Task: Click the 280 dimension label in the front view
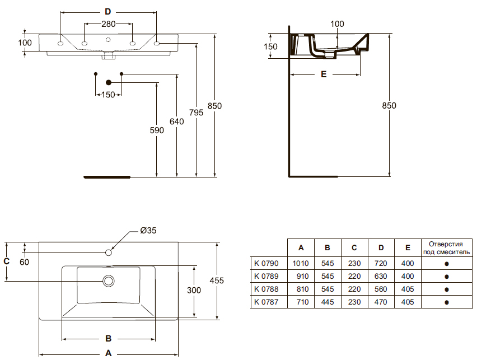pos(108,24)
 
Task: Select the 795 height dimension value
pos(196,113)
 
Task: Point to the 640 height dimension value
pos(177,121)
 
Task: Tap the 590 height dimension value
pos(157,130)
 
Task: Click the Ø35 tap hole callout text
pos(148,230)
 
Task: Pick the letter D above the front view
pos(108,12)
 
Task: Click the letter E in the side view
pos(324,74)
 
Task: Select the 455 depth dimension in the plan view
pos(217,280)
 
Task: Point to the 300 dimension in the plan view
pos(194,291)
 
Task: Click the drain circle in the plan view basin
pos(109,281)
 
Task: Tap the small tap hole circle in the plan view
pos(109,253)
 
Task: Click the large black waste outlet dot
pos(109,82)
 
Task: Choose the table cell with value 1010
pos(301,263)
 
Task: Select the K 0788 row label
pos(266,289)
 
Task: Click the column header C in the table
pos(354,247)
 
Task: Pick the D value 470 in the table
pos(381,302)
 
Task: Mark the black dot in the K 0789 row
pos(447,277)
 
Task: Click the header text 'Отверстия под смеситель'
pos(446,248)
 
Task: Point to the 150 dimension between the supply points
pos(108,95)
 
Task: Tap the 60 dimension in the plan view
pos(24,262)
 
